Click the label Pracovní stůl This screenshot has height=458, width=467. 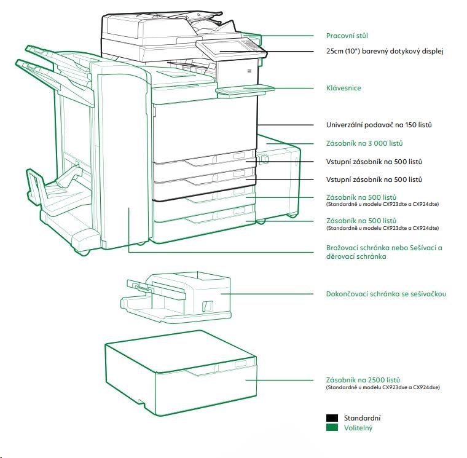pos(347,36)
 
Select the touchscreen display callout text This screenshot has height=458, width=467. pos(384,51)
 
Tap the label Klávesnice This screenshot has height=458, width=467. pos(343,88)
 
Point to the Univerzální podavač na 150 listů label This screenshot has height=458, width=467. pos(379,125)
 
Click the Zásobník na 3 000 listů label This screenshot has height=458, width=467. pos(364,143)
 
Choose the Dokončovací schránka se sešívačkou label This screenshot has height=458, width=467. pos(386,294)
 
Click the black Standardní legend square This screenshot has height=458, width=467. pos(332,418)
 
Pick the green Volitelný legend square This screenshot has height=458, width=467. pos(332,428)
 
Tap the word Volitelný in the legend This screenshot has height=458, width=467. pos(358,428)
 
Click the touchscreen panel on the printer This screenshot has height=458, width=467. pos(230,47)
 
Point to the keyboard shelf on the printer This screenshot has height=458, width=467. pos(244,90)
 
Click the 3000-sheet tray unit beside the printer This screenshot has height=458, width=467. pos(280,178)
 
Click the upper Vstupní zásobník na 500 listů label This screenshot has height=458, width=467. pos(374,162)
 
